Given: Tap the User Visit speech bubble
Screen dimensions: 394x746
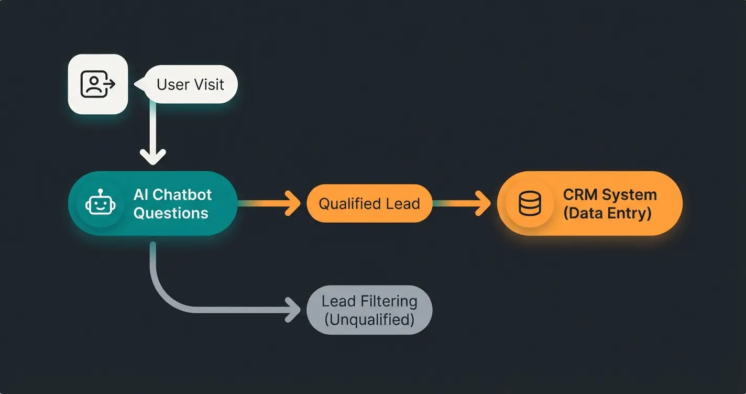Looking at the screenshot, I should point(190,84).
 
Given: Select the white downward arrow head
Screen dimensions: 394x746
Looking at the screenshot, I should point(153,156).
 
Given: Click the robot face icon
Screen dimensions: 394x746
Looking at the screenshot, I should point(99,203).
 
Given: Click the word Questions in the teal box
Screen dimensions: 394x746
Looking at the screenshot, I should point(171,213).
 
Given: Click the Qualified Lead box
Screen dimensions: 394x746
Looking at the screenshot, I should point(369,203).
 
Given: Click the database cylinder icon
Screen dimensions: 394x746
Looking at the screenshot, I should point(529,203).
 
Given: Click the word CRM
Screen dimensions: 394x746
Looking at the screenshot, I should point(580,195).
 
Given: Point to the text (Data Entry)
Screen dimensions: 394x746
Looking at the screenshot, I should point(607,213).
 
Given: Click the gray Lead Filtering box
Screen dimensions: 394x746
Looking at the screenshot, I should point(369,310).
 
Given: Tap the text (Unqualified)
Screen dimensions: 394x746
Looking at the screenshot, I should point(369,320).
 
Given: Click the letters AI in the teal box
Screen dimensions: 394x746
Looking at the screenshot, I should point(141,195).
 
